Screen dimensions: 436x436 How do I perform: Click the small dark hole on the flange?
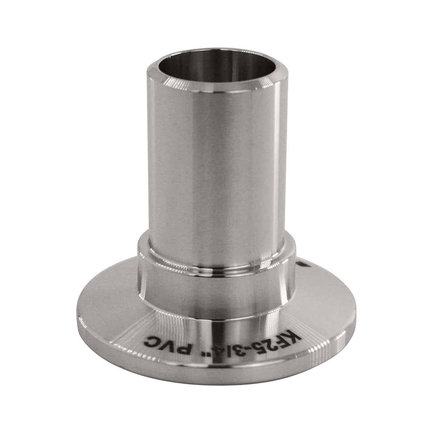point(303,265)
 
